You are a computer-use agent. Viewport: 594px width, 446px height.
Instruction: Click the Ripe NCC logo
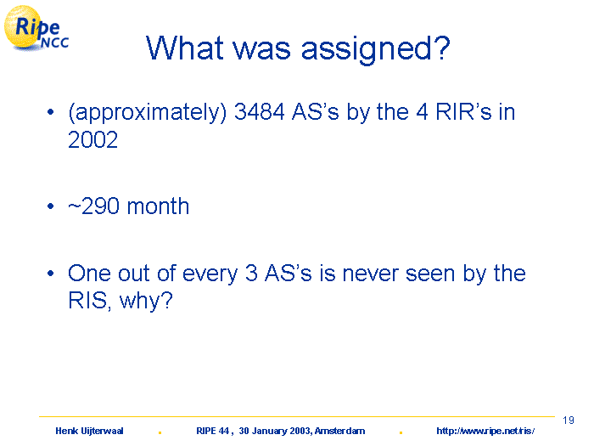[36, 28]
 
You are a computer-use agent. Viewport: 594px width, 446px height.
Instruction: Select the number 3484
[259, 112]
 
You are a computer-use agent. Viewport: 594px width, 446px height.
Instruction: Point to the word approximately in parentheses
[148, 113]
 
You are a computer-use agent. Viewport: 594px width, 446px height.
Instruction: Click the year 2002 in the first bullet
[92, 139]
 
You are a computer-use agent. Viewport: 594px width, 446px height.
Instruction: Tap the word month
[158, 206]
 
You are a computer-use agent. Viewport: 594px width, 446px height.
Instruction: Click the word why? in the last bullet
[146, 301]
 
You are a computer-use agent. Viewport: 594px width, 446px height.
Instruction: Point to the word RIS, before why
[90, 301]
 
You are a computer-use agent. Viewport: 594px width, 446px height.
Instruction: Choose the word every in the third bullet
[210, 274]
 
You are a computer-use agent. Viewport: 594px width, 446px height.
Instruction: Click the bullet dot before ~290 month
[51, 206]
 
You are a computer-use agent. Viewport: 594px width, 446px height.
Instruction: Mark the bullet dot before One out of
[51, 274]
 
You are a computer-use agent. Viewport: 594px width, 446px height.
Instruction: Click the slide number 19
[569, 421]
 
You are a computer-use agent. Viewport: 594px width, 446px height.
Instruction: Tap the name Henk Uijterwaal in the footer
[89, 431]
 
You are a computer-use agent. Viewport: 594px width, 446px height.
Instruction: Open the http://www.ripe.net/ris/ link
[485, 431]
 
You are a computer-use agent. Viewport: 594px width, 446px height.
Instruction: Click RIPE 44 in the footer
[212, 431]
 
